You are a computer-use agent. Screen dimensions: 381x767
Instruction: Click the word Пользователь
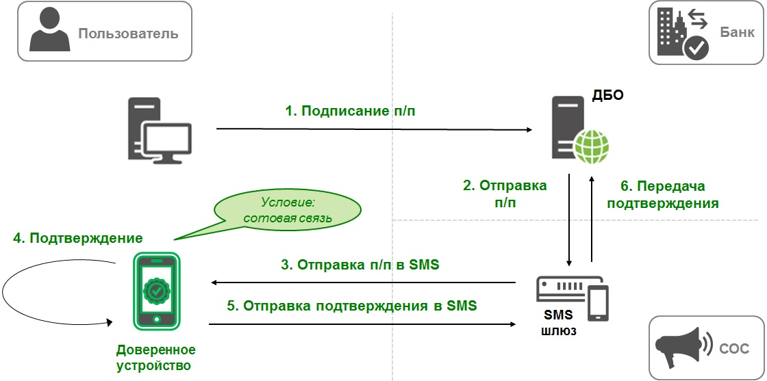128,33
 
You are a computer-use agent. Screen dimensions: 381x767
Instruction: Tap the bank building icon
682,33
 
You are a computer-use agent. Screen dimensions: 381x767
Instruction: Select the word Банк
737,32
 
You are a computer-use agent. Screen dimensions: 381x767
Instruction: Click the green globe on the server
591,146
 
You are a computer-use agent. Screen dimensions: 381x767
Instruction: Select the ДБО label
609,94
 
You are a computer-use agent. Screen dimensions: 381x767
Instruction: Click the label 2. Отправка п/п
505,194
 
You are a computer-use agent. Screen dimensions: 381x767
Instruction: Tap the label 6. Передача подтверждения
662,194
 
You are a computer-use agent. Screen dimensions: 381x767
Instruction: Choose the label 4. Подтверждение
78,238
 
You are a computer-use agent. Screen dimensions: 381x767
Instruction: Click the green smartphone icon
156,289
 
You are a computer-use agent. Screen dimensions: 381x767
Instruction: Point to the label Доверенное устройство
155,358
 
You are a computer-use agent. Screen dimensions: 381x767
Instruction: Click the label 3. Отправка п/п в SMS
360,265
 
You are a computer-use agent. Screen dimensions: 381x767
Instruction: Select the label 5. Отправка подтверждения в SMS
351,305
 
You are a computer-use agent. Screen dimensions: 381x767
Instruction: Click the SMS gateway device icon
573,298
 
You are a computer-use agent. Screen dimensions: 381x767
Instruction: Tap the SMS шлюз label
558,323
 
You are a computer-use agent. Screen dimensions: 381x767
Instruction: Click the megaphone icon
679,347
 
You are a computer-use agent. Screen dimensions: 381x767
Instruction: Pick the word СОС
733,348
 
